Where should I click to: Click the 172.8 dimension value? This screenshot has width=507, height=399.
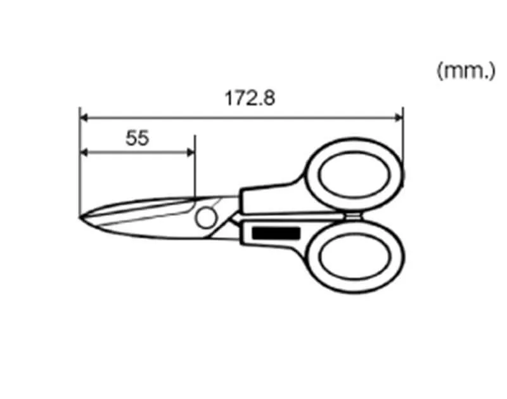click(250, 98)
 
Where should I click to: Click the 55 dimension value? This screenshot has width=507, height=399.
click(137, 138)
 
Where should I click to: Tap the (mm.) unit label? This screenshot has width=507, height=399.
click(466, 71)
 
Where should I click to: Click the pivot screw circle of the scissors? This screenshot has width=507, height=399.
click(206, 218)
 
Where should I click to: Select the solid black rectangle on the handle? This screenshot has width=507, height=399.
click(276, 233)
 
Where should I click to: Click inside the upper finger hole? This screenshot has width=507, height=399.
click(355, 174)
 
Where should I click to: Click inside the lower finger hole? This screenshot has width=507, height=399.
click(355, 256)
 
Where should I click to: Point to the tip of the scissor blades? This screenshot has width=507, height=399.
click(80, 217)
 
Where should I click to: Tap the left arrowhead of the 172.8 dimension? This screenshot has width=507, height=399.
click(84, 118)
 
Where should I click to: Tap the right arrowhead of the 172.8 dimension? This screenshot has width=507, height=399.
click(399, 118)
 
